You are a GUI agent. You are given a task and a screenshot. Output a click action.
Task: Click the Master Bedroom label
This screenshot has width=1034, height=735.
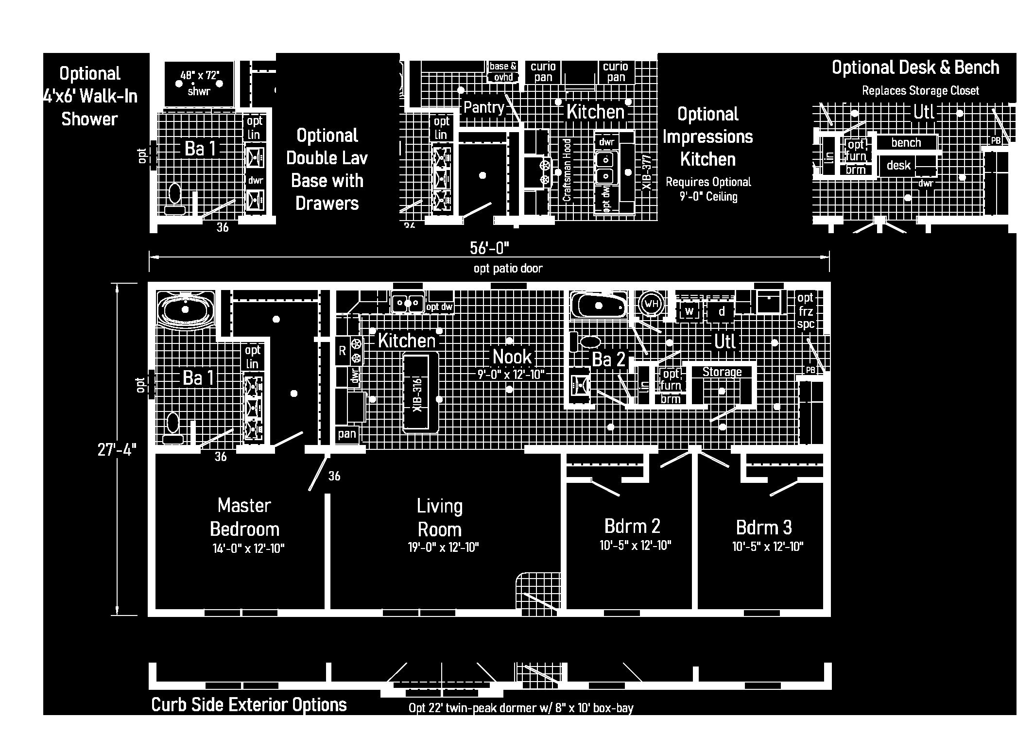244,517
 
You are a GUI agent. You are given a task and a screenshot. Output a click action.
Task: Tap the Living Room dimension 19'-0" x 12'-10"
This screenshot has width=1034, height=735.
443,548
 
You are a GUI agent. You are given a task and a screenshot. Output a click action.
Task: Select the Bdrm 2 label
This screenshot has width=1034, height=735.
632,526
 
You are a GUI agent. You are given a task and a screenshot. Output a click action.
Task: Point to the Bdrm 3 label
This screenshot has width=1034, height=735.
764,527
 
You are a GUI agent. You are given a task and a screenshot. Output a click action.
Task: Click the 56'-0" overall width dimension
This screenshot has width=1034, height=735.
489,248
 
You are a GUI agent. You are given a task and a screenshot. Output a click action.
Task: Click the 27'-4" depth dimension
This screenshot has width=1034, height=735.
117,450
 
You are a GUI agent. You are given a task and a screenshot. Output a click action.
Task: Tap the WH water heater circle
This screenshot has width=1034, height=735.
651,304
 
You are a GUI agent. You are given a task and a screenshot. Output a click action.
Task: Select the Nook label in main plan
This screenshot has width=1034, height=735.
512,357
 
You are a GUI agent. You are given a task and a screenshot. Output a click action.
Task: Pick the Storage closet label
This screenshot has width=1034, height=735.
722,372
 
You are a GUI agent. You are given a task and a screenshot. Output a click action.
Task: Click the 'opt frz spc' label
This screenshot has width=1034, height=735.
805,311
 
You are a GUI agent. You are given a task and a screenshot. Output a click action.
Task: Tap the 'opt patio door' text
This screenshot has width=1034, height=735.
508,269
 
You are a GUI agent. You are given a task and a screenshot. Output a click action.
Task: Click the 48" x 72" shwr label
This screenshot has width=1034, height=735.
199,83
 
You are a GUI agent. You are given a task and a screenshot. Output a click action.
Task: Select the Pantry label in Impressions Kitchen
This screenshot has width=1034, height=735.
483,107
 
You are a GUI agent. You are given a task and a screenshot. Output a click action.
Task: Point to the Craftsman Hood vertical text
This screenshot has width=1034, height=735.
567,170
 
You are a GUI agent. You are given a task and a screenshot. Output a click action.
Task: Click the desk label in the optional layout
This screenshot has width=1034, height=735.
898,166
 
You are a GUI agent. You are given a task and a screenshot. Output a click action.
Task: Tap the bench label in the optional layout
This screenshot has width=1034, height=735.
906,143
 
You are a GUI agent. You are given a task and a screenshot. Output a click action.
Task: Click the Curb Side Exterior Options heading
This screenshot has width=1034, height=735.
249,705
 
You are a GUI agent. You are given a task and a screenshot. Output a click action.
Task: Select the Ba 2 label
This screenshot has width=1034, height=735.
608,359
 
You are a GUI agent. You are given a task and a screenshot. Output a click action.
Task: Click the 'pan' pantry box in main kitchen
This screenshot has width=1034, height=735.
347,434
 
